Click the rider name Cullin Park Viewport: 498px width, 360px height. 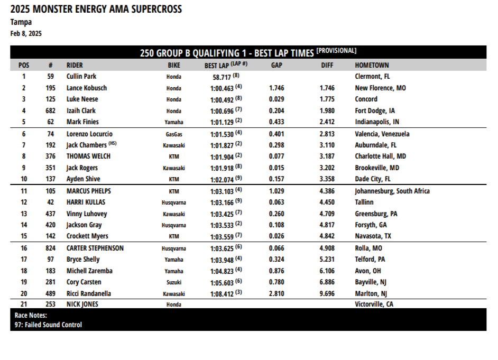tap(81, 77)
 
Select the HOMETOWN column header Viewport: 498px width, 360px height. tap(372, 66)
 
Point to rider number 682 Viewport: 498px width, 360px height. tap(50, 111)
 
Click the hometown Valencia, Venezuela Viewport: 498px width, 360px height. tap(382, 134)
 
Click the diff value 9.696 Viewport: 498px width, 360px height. tap(327, 294)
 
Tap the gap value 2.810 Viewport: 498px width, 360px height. tap(276, 294)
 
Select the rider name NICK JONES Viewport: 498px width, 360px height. tap(82, 304)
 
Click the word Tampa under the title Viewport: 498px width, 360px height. tap(21, 22)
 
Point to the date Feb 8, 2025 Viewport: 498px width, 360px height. tap(26, 33)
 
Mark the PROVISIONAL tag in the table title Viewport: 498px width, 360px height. tap(336, 51)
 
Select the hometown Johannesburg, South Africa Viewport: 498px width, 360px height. tap(392, 191)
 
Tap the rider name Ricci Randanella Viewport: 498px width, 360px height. tap(89, 294)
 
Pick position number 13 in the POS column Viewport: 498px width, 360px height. tap(24, 214)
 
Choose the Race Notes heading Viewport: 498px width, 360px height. tap(31, 316)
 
